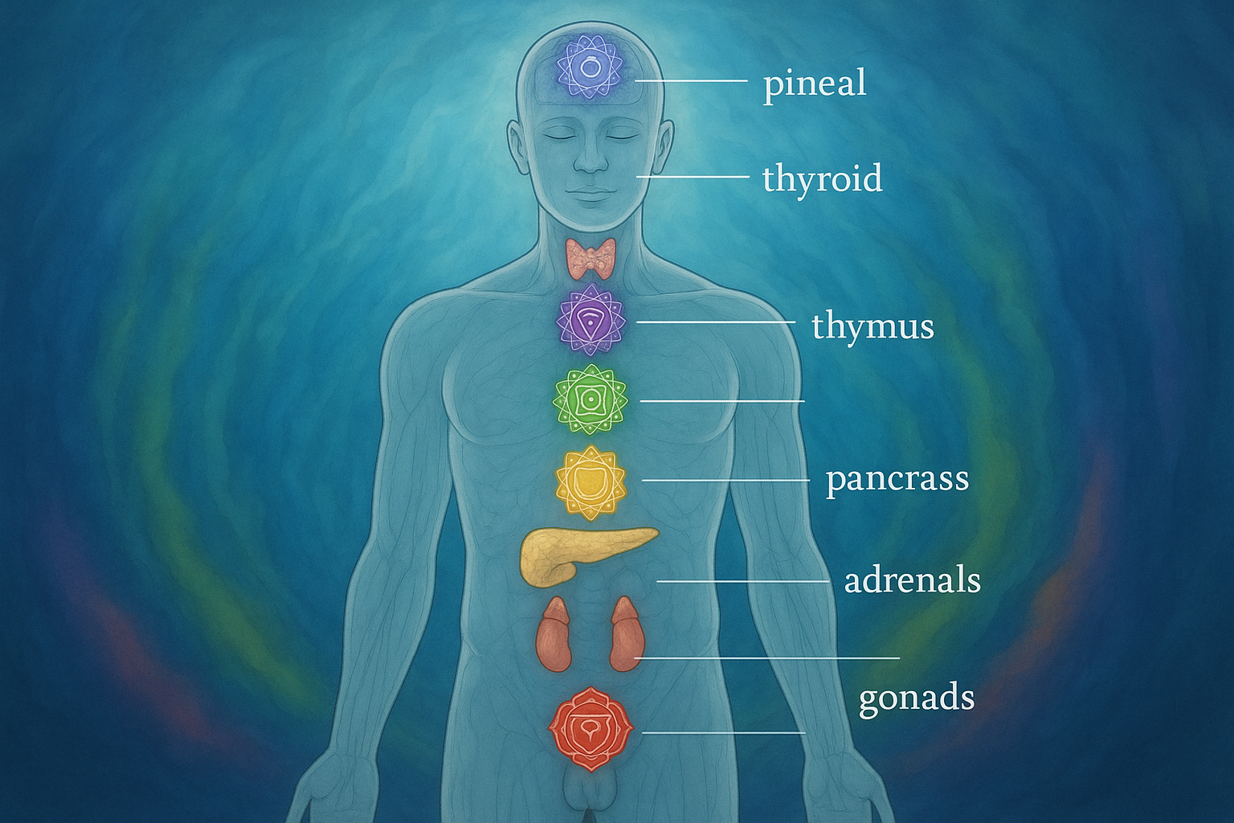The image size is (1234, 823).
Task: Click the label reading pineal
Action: pyautogui.click(x=815, y=84)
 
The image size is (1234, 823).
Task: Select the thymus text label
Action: pyautogui.click(x=872, y=327)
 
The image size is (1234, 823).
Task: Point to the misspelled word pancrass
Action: pyautogui.click(x=897, y=479)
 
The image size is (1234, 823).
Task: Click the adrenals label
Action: pyautogui.click(x=912, y=580)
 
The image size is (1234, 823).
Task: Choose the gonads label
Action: pyautogui.click(x=916, y=698)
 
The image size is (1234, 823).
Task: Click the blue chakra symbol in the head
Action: pyautogui.click(x=590, y=69)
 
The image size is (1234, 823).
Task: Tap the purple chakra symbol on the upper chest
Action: pyautogui.click(x=591, y=320)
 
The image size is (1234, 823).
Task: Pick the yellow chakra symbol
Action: pyautogui.click(x=590, y=481)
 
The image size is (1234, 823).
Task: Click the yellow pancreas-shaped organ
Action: pyautogui.click(x=578, y=553)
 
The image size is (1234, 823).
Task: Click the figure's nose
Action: pyautogui.click(x=590, y=159)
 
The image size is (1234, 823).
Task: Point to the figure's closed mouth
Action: pyautogui.click(x=590, y=193)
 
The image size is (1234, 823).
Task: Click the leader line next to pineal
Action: pyautogui.click(x=690, y=81)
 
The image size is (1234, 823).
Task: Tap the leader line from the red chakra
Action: pyautogui.click(x=723, y=732)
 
